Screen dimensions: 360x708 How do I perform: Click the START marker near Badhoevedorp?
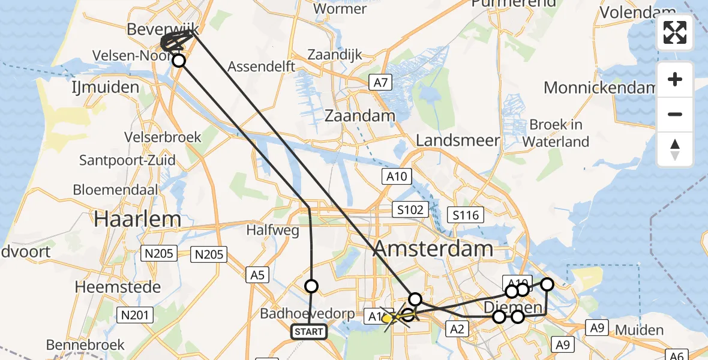pos(309,331)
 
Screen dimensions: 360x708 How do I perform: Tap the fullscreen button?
pos(675,32)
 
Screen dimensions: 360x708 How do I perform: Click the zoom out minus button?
pos(675,114)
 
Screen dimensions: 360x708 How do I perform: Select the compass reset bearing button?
pos(675,149)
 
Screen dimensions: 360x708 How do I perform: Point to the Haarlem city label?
pos(137,219)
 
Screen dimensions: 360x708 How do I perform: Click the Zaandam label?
pos(360,116)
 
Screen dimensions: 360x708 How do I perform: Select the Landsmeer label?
pos(458,140)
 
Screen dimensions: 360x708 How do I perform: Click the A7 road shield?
pos(381,83)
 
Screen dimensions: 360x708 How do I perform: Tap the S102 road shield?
pos(410,210)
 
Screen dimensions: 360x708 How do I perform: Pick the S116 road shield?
pos(466,215)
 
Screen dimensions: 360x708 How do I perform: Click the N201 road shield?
pos(136,314)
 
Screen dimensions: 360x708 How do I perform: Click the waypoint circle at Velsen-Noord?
pos(178,60)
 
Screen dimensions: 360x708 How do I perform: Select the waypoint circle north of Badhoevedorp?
pos(311,286)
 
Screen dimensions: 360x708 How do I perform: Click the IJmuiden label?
pos(106,88)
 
